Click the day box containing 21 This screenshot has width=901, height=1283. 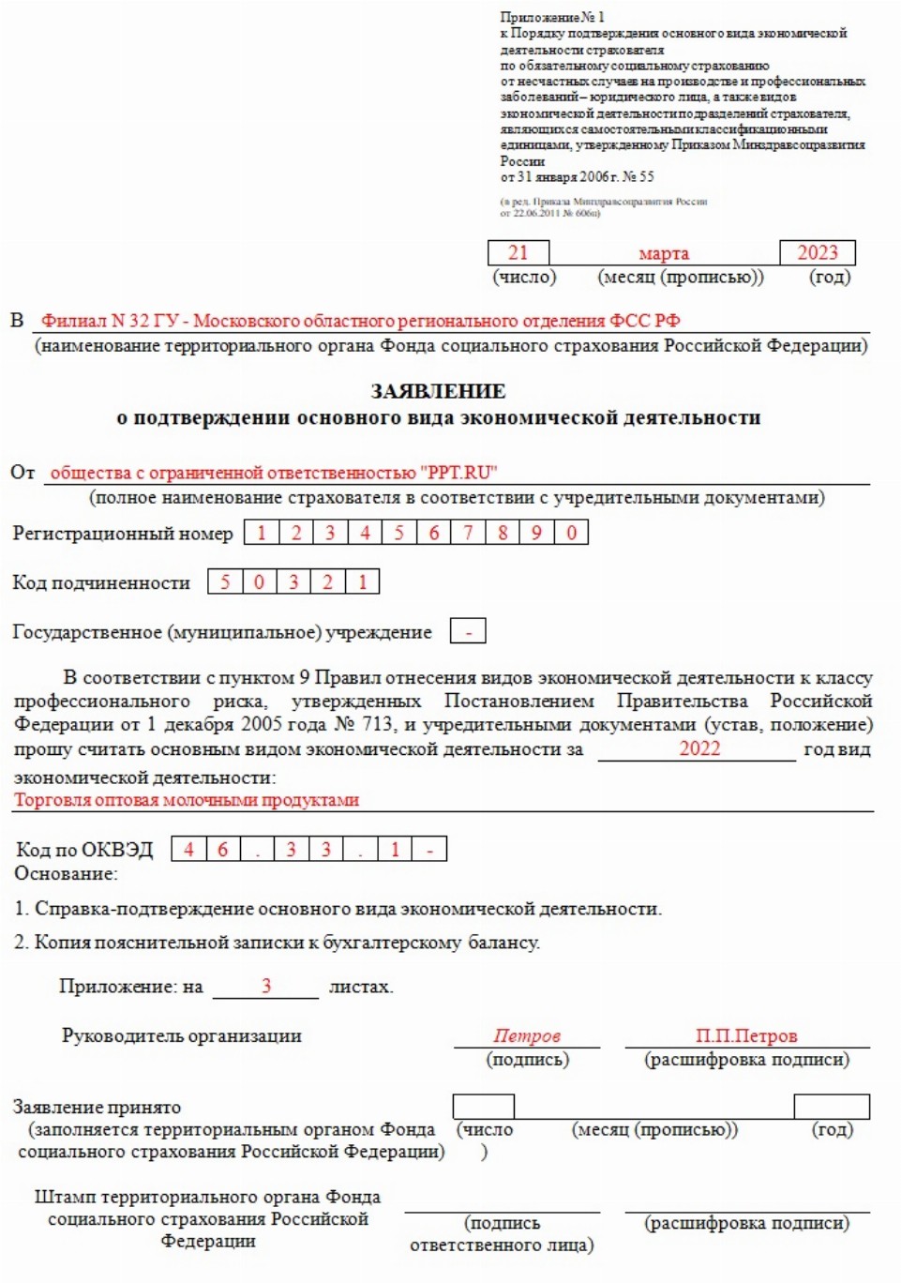point(518,252)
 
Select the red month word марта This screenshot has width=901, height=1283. point(664,253)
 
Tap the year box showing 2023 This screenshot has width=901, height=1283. point(817,252)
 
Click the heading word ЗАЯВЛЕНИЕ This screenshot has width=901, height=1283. point(438,391)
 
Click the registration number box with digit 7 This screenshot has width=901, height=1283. point(468,533)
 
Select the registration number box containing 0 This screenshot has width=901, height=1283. point(571,533)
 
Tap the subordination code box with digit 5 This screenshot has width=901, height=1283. point(225,581)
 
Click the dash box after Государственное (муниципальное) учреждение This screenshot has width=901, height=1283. point(468,631)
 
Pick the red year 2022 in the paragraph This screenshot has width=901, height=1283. point(699,748)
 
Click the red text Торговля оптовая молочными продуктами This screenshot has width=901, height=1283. point(187,800)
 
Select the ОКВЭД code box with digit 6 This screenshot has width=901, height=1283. point(222,849)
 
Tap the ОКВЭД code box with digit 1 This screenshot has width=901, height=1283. point(395,849)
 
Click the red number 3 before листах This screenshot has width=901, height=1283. point(266,986)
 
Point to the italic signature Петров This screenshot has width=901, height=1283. point(527,1035)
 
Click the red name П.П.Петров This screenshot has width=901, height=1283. point(746,1035)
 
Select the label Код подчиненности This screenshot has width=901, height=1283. point(101,582)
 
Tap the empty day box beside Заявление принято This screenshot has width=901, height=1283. point(483,1106)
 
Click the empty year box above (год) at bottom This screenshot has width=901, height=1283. point(831,1106)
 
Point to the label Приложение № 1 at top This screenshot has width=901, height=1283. point(552,17)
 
